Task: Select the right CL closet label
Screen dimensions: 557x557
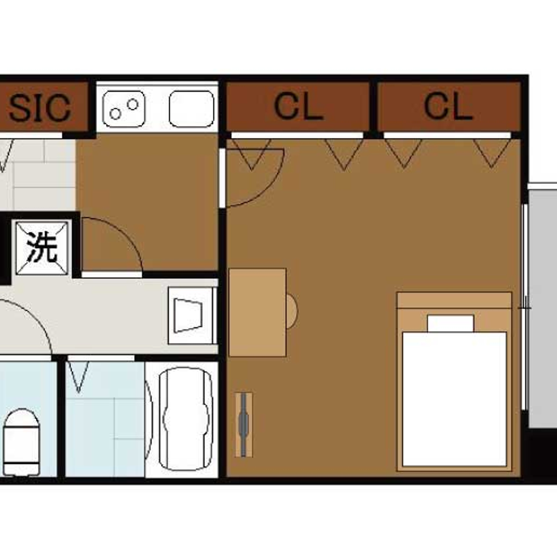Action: coord(448,107)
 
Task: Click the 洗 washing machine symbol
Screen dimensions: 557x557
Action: coord(42,248)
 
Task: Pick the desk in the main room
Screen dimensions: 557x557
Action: coord(257,313)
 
